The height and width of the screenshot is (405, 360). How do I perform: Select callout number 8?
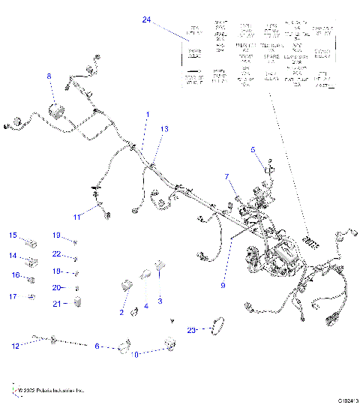pos(49,76)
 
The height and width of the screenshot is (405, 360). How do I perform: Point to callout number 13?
pos(164,130)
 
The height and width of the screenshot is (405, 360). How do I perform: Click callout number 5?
pos(253,148)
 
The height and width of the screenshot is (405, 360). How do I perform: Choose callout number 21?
pos(56,303)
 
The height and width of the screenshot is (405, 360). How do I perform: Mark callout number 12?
pos(15,346)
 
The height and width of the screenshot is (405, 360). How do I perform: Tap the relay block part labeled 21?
pos(79,302)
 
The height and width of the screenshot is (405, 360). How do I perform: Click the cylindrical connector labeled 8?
pos(56,110)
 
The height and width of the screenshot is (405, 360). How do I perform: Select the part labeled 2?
pos(127,285)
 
